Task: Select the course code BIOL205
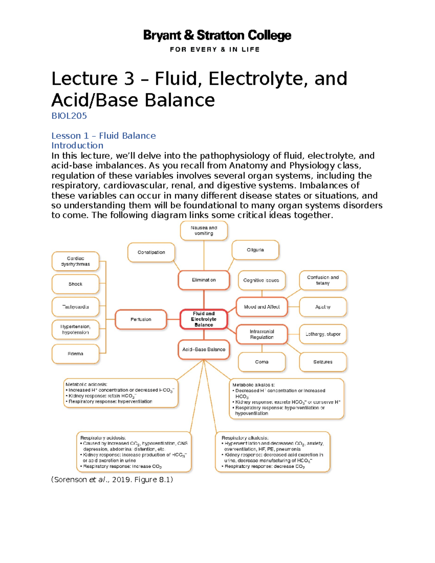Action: tap(69, 116)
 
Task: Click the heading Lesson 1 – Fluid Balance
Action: tap(103, 136)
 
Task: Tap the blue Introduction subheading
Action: tap(77, 145)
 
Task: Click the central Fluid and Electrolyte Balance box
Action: tap(204, 319)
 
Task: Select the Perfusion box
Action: tap(141, 319)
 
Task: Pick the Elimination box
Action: tap(204, 280)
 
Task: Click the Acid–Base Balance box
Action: tap(204, 349)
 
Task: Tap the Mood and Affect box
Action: tap(262, 307)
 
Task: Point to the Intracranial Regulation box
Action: tap(262, 334)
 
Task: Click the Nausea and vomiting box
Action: tap(204, 231)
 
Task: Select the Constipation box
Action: tap(151, 252)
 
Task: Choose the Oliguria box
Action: tap(255, 250)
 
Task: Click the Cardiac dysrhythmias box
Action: tap(75, 261)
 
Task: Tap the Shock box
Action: tap(75, 284)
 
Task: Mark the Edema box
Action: tap(75, 353)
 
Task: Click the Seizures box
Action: tap(323, 362)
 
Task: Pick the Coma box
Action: tap(262, 362)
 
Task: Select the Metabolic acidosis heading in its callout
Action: tap(86, 384)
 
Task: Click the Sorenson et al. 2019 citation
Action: tap(112, 480)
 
